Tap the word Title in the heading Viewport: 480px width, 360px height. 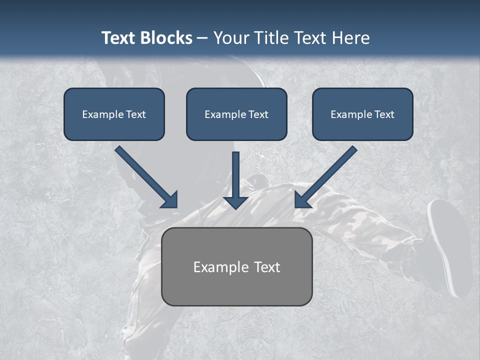pyautogui.click(x=272, y=38)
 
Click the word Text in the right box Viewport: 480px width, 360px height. pyautogui.click(x=384, y=114)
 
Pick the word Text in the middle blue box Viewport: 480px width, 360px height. pyautogui.click(x=258, y=114)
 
